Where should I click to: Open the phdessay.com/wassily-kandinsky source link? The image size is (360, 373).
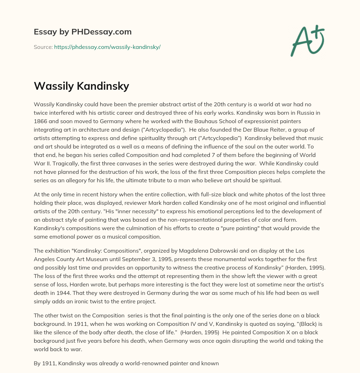point(107,47)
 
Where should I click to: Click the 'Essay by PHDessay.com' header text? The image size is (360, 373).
point(83,32)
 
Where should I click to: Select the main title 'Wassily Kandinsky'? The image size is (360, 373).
point(81,86)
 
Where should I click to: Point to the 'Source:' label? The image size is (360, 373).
point(43,47)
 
